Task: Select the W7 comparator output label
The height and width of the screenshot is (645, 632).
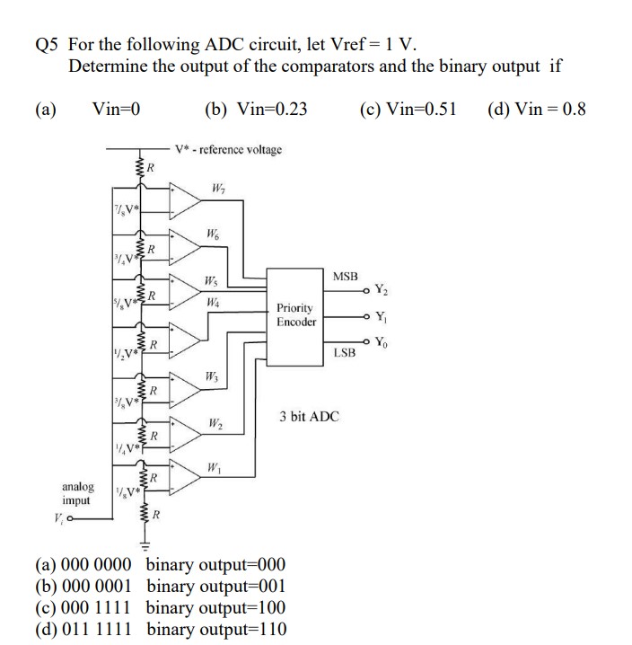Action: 218,188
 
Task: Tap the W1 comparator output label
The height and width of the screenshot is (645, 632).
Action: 213,467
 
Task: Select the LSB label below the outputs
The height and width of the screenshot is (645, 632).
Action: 345,353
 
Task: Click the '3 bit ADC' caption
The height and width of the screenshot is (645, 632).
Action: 309,417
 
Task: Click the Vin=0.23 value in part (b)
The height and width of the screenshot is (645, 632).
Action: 270,110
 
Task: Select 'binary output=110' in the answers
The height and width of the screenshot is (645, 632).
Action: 215,628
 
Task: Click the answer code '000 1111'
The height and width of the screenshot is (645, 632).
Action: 100,606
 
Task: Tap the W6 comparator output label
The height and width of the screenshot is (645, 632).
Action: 213,234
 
